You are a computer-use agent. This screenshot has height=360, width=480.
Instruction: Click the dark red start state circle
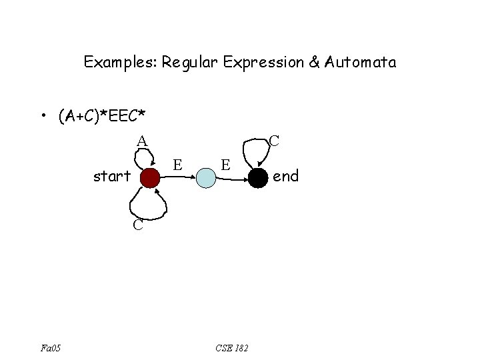[x=151, y=177]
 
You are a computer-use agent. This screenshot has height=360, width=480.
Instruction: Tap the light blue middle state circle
[x=207, y=177]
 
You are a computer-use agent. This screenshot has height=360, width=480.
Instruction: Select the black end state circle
[x=259, y=177]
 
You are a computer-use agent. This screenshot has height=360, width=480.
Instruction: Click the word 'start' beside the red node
[x=112, y=177]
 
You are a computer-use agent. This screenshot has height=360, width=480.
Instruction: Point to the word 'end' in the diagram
[x=287, y=176]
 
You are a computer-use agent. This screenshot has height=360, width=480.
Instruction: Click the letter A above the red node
[x=142, y=141]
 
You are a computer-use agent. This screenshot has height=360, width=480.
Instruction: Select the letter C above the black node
[x=273, y=141]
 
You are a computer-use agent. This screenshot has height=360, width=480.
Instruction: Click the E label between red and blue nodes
[x=177, y=164]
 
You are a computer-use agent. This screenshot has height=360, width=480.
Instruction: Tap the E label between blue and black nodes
[x=226, y=164]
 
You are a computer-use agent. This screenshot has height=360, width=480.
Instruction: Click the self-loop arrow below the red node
[x=148, y=203]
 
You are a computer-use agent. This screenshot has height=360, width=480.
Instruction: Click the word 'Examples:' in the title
[x=120, y=63]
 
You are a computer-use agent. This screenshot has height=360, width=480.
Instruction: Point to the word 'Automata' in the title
[x=361, y=63]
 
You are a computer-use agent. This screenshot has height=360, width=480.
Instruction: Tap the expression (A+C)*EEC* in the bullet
[x=102, y=117]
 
